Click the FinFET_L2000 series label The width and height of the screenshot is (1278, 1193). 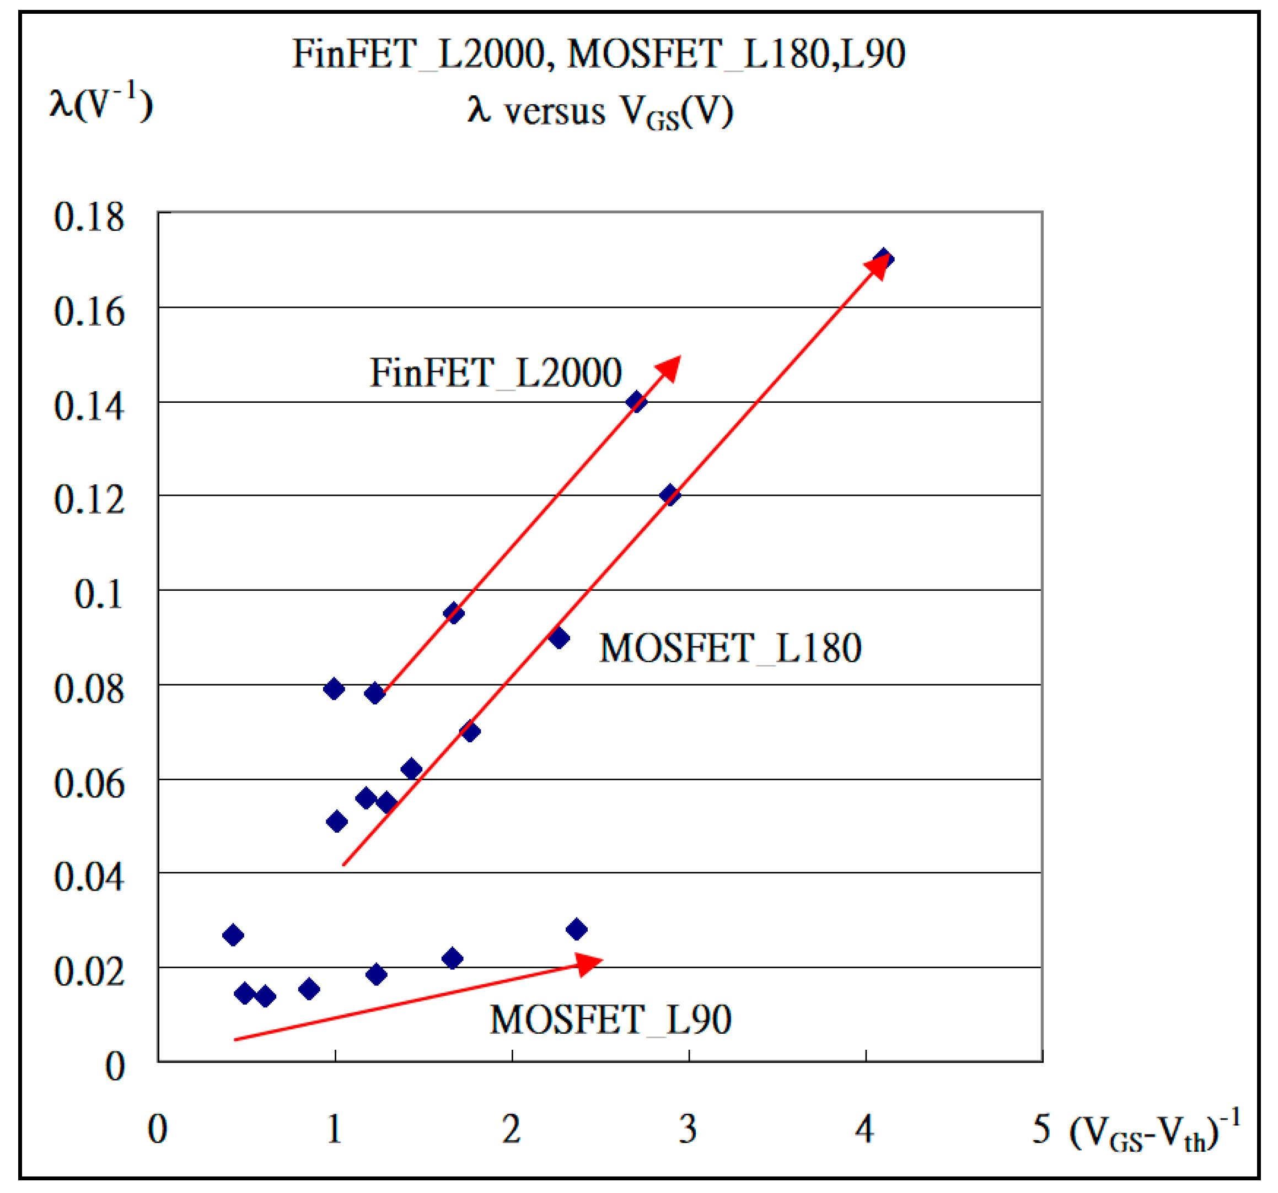(496, 373)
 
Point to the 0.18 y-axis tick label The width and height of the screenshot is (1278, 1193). (89, 217)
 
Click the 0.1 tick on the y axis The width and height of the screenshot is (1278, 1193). (98, 594)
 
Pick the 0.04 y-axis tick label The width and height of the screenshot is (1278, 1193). (89, 876)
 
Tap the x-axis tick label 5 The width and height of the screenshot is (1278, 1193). (1041, 1129)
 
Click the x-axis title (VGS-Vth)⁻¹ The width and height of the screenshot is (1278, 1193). (1154, 1132)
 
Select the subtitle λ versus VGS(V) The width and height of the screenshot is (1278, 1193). (600, 111)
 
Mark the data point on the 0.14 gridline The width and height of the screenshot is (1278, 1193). (636, 402)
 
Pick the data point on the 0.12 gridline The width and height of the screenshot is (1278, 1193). (669, 495)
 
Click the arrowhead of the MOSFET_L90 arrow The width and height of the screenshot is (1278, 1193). (588, 963)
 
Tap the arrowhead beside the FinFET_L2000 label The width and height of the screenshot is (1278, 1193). (669, 369)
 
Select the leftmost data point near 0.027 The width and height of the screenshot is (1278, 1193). (233, 935)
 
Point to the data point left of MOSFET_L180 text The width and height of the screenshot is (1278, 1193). (559, 638)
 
